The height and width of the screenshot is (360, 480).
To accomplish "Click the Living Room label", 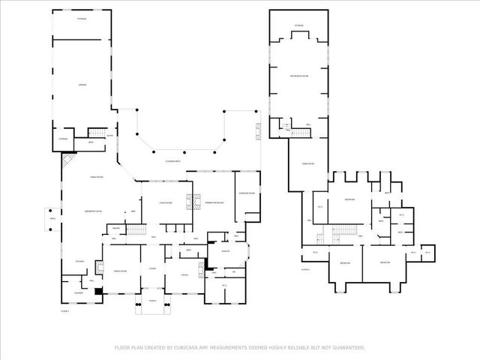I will coord(166,203).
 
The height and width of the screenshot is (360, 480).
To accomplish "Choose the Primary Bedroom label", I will coord(214,203).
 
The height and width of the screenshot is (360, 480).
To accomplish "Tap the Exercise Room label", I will coord(247,193).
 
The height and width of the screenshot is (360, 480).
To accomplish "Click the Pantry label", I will coord(116,229).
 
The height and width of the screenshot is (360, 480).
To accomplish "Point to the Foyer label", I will coord(151,268).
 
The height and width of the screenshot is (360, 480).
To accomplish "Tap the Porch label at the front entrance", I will coord(151,301).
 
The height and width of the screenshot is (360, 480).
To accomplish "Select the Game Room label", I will coord(307,163).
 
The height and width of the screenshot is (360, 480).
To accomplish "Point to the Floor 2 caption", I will coord(305,268).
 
